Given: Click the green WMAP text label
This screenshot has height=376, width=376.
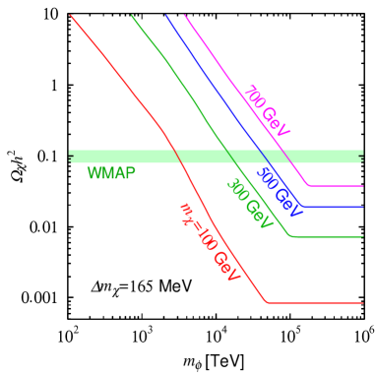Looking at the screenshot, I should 111,173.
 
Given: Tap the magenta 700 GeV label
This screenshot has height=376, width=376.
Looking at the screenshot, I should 267,111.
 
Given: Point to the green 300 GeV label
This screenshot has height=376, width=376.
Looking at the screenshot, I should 249,204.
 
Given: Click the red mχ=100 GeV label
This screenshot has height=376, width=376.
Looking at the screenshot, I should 210,242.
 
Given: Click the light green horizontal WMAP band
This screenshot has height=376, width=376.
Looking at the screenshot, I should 118,156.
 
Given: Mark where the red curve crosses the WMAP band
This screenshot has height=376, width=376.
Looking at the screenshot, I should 176,156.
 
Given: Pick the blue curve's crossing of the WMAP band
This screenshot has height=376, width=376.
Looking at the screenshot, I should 263,156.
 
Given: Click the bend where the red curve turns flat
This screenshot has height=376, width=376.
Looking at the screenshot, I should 268,303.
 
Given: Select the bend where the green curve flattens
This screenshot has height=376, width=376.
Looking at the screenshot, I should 291,236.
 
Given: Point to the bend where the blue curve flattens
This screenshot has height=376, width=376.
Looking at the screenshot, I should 304,207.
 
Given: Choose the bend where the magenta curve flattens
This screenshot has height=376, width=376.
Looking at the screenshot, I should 309,185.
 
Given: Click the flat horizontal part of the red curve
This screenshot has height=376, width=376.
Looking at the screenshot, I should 315,303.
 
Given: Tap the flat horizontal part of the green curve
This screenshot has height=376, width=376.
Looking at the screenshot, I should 330,236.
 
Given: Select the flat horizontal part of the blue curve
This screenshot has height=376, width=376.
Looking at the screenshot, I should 335,207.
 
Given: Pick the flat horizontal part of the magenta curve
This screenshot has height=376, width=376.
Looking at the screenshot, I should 337,185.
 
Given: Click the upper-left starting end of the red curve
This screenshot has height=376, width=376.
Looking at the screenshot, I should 71,16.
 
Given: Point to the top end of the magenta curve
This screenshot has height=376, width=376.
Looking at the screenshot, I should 185,16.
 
